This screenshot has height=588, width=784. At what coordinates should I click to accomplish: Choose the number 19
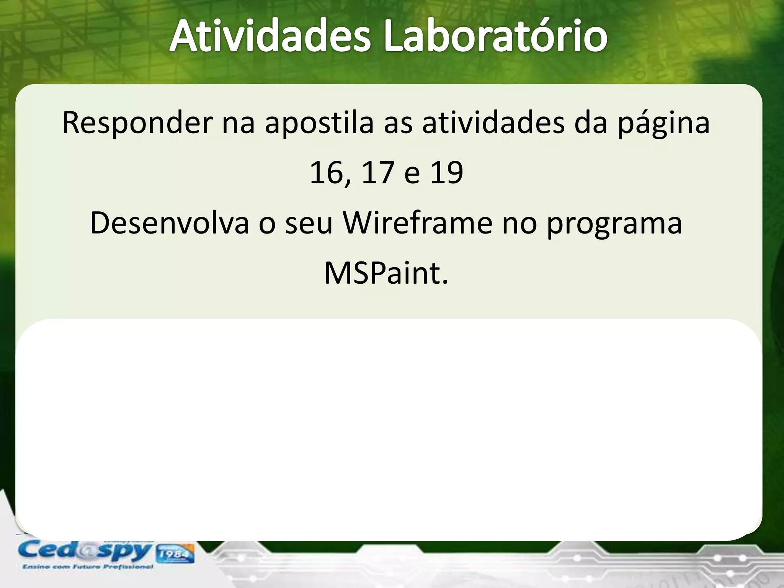click(447, 173)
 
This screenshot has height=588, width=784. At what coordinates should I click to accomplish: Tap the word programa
click(614, 224)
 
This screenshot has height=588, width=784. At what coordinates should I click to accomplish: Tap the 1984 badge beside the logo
click(174, 554)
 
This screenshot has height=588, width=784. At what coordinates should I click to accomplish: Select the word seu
click(309, 224)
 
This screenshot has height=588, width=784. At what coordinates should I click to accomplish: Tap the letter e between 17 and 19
click(412, 174)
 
